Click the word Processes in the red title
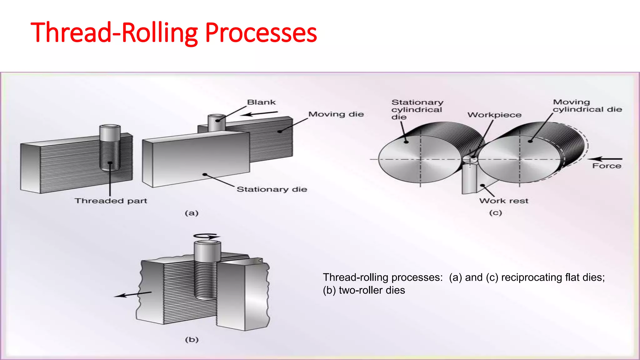click(x=261, y=33)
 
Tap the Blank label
click(x=261, y=102)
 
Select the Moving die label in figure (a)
click(x=336, y=114)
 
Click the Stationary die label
click(x=272, y=189)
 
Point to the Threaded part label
click(x=111, y=201)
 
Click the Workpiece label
click(x=494, y=115)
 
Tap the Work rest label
click(x=503, y=201)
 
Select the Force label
click(x=607, y=166)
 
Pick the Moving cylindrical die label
click(x=587, y=106)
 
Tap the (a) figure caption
click(x=192, y=213)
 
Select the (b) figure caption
click(x=192, y=339)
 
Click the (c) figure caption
click(x=495, y=213)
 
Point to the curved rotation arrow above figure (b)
click(x=207, y=236)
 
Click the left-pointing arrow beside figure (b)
click(x=132, y=294)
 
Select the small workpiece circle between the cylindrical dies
click(x=470, y=159)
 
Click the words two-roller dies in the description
click(x=372, y=290)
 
